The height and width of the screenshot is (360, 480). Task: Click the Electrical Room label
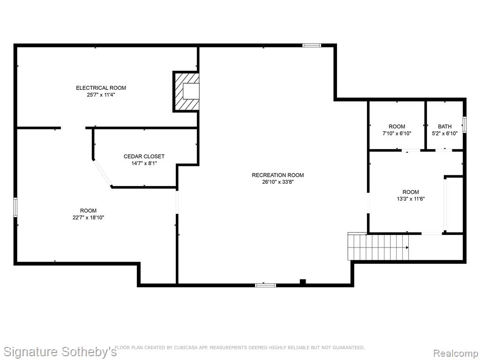(101, 88)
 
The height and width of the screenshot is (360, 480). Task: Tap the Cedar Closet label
(144, 157)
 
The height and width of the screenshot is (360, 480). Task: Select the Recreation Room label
(277, 175)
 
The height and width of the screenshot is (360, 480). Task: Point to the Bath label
(444, 127)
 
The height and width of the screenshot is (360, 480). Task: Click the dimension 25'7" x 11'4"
(101, 95)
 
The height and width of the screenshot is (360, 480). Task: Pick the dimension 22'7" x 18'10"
(89, 217)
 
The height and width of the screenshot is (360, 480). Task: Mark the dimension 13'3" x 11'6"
(411, 199)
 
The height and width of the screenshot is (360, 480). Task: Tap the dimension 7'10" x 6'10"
(397, 134)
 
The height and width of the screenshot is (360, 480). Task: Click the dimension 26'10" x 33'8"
(277, 182)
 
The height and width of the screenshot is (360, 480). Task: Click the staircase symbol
(378, 247)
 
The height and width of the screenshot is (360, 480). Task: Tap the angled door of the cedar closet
(103, 172)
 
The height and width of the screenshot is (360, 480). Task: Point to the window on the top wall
(312, 45)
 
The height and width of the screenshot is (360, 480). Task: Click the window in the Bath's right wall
(465, 125)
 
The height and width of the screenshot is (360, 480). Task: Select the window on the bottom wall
(265, 285)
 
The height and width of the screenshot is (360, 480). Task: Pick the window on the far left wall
(15, 208)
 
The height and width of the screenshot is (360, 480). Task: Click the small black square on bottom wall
(303, 282)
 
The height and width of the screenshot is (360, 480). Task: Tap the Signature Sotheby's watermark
(60, 352)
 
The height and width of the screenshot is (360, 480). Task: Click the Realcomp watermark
(455, 353)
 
